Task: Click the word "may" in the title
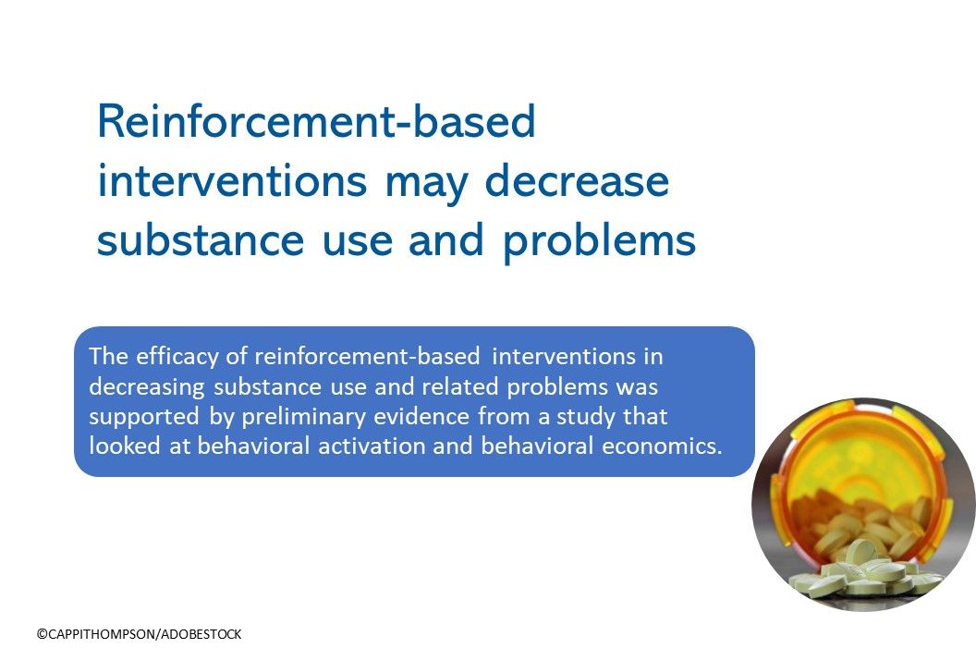[x=430, y=182]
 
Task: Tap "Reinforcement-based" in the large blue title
[x=316, y=122]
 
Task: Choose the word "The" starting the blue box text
[x=104, y=356]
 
